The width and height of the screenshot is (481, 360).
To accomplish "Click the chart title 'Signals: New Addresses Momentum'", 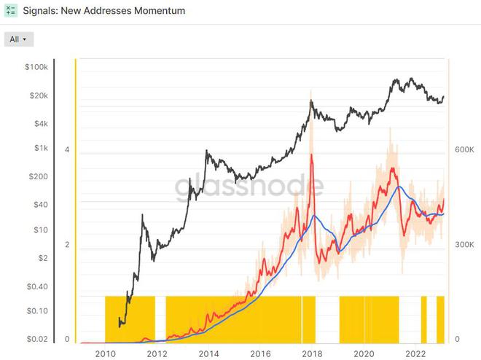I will click(105, 12).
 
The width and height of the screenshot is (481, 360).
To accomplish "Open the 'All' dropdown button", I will click(18, 39).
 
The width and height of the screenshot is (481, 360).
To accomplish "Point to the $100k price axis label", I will click(36, 67).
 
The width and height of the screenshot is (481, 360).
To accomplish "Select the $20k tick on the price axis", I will click(37, 95).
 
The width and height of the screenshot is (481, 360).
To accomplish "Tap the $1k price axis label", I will click(39, 148).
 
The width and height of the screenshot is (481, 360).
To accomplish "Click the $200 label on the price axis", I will click(38, 176).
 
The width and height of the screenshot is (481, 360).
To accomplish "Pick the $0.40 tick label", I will click(36, 286).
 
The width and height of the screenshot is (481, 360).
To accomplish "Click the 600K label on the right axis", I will click(465, 149).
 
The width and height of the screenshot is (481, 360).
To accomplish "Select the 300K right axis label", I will click(465, 245).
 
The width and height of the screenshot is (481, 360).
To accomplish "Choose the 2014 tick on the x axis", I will click(208, 353).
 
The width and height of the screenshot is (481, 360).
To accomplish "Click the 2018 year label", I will click(312, 353).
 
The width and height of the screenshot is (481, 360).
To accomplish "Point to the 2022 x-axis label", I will click(415, 353).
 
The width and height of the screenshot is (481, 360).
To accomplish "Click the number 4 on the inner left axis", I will click(67, 149).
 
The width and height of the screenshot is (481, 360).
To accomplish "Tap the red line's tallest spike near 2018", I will click(312, 155).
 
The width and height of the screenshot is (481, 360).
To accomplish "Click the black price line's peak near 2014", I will click(207, 152).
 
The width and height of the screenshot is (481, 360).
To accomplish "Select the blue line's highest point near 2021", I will click(398, 187).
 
